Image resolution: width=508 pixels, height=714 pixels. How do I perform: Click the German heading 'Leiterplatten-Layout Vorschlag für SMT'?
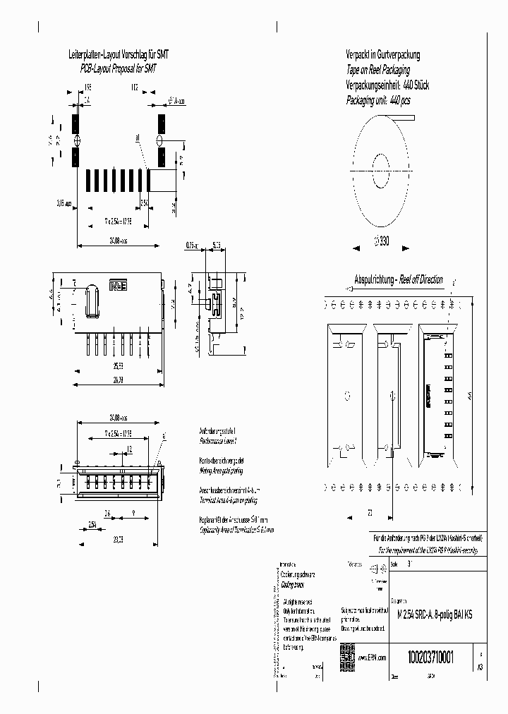point(117,54)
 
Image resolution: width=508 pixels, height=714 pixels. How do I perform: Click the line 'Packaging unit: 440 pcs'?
point(378,101)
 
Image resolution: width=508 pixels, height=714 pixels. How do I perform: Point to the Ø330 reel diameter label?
point(380,240)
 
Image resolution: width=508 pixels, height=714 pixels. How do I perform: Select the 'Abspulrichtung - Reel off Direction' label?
point(398,279)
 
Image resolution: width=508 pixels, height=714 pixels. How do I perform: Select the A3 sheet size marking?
point(480,665)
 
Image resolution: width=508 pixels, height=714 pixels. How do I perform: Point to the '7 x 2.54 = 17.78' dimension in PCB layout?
point(117,220)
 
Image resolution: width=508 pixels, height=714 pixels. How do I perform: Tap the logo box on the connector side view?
point(117,286)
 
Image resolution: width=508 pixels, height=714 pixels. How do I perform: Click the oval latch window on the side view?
point(89,303)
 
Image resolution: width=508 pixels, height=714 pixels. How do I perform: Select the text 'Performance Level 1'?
point(219,440)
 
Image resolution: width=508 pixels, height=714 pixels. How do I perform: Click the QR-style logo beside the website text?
point(346,653)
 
